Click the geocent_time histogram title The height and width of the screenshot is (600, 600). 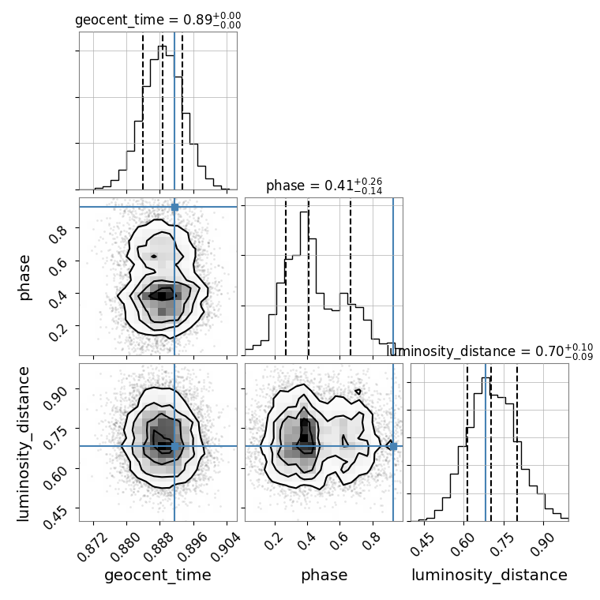click(158, 21)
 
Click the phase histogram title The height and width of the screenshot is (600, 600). click(324, 186)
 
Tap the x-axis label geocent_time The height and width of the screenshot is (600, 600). click(158, 576)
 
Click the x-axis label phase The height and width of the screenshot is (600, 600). click(324, 576)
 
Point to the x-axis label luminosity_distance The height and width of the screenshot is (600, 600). click(489, 576)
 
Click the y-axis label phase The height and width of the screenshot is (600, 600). click(24, 277)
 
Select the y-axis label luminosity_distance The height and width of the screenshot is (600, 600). click(24, 443)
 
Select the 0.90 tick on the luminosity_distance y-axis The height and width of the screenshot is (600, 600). click(54, 390)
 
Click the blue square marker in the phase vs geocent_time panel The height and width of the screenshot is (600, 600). click(174, 207)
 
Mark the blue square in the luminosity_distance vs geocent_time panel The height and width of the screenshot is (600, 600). click(174, 446)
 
